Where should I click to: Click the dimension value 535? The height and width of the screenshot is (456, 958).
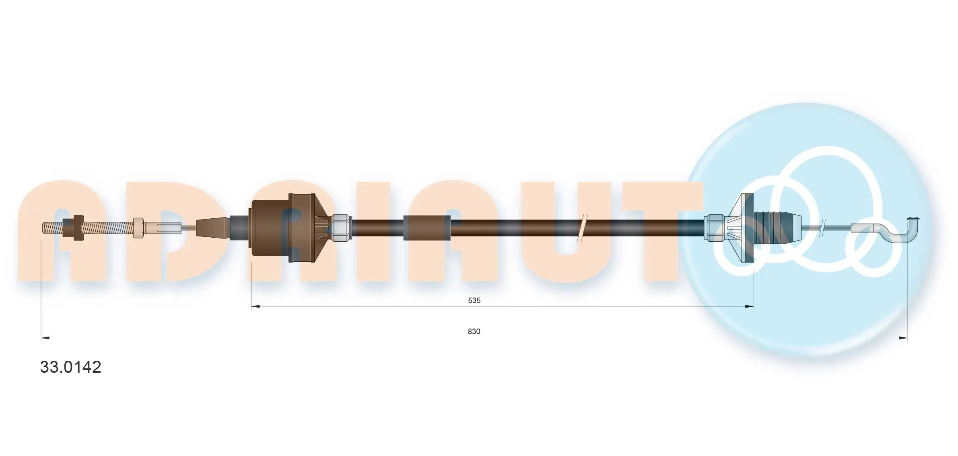tap(474, 300)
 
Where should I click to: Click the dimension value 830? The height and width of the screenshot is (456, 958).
tap(474, 331)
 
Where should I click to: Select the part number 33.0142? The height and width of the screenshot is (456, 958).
tap(70, 367)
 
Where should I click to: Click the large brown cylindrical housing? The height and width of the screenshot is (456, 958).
tap(270, 228)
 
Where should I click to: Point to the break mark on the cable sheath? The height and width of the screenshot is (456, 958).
tap(582, 228)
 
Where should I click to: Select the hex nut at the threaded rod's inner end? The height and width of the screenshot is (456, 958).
tap(138, 228)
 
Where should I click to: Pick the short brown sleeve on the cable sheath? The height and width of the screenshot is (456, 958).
tap(427, 228)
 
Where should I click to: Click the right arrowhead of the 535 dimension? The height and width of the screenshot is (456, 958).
tap(749, 306)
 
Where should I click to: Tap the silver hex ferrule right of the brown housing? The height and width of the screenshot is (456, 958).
tap(341, 228)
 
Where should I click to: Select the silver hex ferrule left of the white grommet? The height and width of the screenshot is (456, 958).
tap(714, 228)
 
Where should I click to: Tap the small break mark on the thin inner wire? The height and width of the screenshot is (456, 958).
tap(823, 228)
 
